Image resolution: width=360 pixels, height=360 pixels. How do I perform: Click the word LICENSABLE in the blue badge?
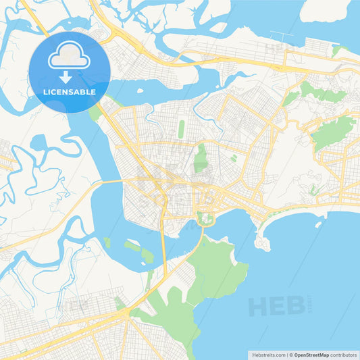pyautogui.click(x=70, y=92)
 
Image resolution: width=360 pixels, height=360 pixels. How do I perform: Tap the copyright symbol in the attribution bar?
pyautogui.click(x=290, y=355)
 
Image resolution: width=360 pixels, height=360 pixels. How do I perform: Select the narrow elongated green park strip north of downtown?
pyautogui.click(x=182, y=128)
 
